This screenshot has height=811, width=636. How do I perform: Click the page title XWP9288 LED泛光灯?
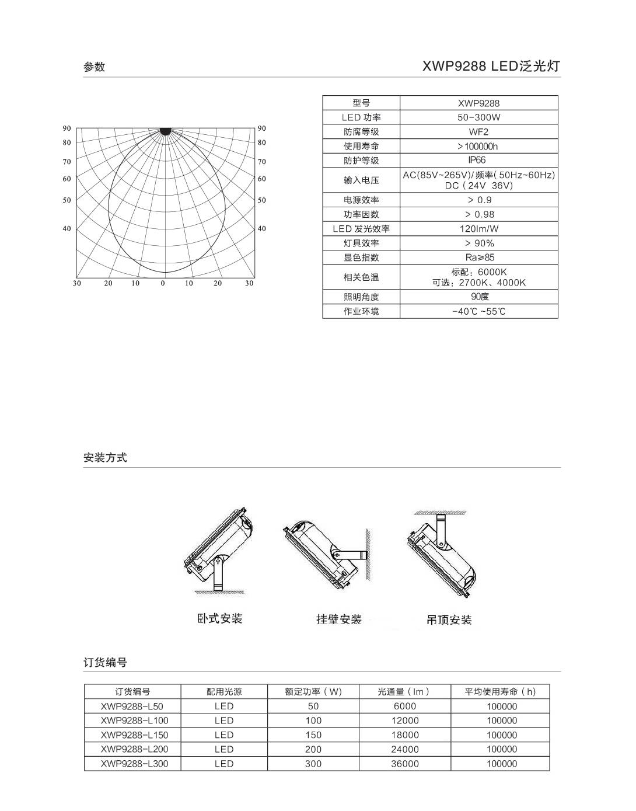(491, 66)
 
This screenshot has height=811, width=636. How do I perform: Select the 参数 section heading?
(94, 67)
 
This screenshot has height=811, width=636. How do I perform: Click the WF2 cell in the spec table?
(478, 132)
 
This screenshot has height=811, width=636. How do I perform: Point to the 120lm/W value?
(479, 229)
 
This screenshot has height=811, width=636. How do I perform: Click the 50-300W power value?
(479, 117)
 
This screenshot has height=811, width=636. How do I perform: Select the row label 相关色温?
(361, 277)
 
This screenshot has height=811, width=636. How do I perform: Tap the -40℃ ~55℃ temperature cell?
(479, 311)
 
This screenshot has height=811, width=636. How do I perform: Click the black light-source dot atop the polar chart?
(165, 131)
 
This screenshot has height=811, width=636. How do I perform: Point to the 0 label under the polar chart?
(163, 283)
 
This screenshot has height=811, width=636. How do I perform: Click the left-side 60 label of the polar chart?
(67, 179)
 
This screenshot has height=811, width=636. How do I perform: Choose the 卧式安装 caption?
(219, 618)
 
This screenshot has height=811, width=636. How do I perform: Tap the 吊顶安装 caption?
(449, 619)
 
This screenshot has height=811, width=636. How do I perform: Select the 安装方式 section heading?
(105, 458)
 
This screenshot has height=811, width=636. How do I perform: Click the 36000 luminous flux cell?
(405, 764)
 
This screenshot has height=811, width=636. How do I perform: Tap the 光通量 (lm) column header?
(404, 692)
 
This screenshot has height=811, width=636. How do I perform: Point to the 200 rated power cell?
(313, 749)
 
